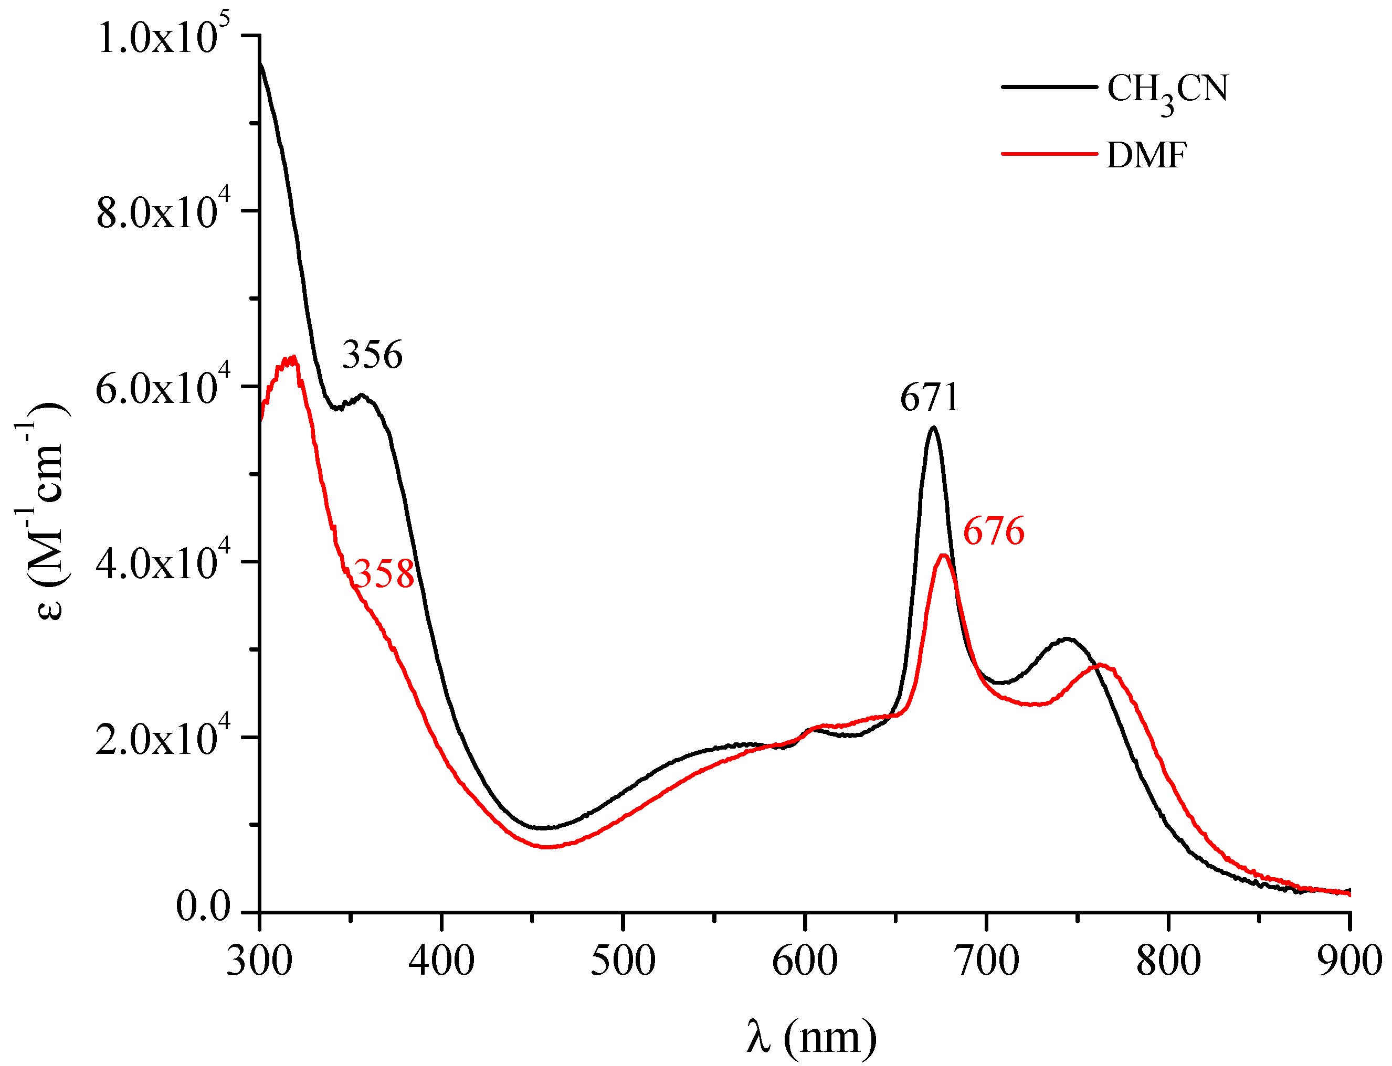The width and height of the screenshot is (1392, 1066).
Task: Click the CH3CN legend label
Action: pos(1167,91)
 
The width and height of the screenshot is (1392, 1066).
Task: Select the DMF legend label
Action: pos(1146,155)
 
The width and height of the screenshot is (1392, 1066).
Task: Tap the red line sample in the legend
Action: pos(1049,154)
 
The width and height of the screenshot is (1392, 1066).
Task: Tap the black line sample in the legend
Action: pos(1049,86)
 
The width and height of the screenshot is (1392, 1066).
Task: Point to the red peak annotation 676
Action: pos(994,530)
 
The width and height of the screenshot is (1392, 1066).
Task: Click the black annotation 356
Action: pos(372,354)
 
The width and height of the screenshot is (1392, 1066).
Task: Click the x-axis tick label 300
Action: pos(260,960)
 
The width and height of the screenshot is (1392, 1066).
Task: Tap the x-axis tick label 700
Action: pos(986,960)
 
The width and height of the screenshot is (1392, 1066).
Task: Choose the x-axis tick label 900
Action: pos(1349,960)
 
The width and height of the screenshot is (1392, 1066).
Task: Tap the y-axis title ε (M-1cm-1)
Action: pos(46,511)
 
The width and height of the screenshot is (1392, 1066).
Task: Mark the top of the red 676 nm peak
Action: pos(944,555)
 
